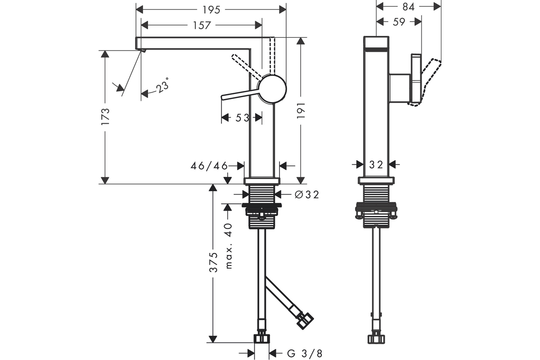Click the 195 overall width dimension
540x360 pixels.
coord(211,9)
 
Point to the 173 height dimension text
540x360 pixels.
coord(105,117)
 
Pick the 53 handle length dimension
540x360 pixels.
coord(242,118)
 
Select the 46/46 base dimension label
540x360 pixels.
coord(209,166)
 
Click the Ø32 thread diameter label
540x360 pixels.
coord(306,194)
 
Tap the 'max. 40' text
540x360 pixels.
coord(229,246)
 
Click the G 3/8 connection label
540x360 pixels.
coord(305,353)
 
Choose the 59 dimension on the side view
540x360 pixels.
coord(399,21)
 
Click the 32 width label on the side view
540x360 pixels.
coord(376,165)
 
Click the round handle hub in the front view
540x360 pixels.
coord(272,88)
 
